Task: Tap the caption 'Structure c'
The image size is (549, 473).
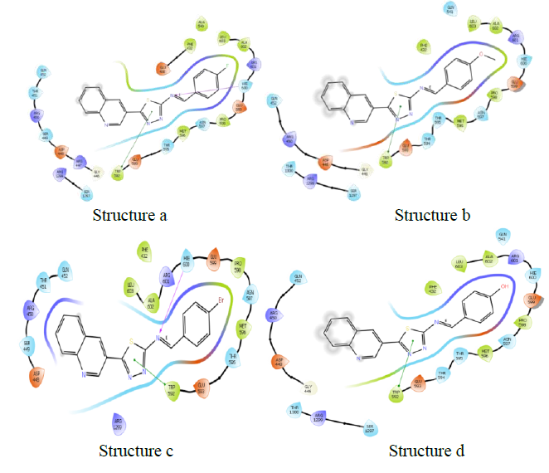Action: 135,451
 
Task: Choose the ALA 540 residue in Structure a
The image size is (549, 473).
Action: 201,25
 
